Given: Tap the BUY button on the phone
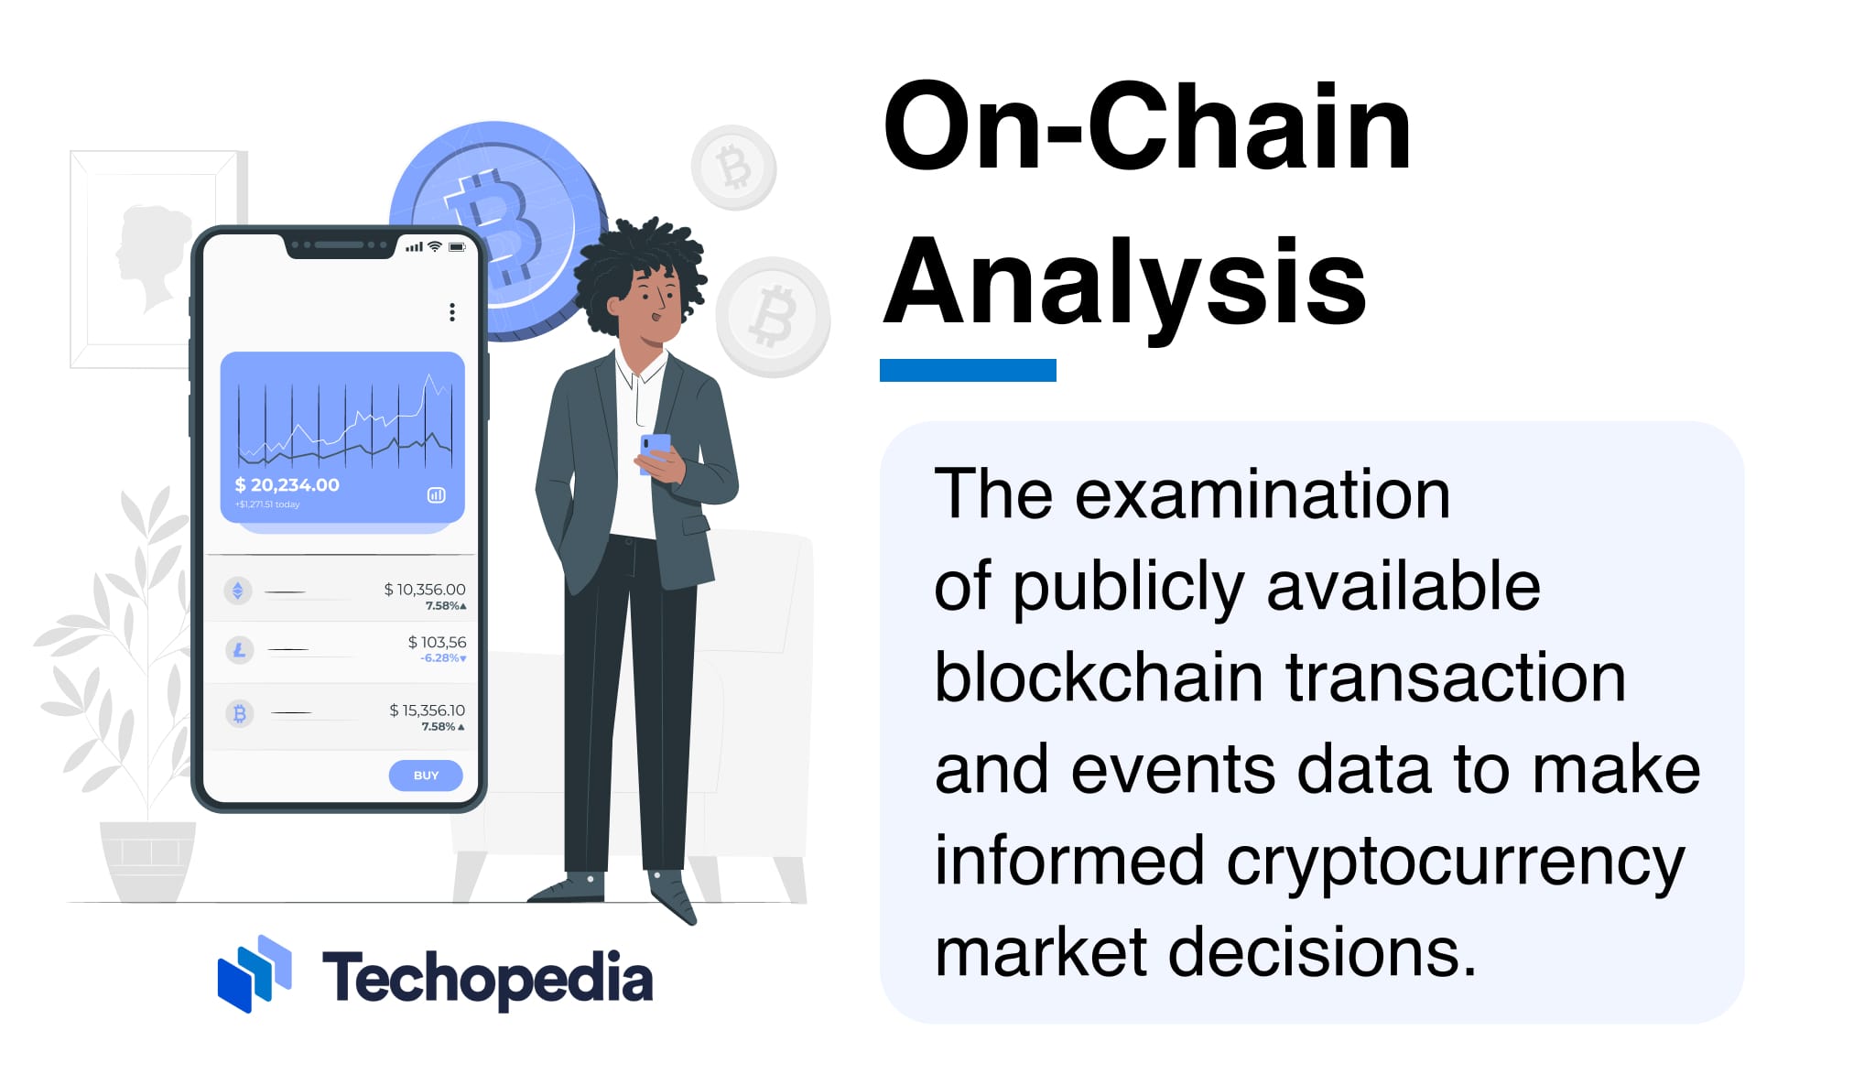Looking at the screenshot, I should coord(426,776).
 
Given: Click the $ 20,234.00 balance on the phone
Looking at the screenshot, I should coord(287,484).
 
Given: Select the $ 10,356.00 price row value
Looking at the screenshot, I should coord(425,590).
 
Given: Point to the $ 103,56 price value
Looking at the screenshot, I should coord(437,643).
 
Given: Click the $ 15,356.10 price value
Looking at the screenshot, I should coord(427,711).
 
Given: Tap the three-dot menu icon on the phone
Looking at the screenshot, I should coord(452,312).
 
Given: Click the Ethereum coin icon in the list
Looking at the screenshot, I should coord(238,591).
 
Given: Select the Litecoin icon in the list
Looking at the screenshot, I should coord(239,650).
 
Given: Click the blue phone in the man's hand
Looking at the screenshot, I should coord(654,449).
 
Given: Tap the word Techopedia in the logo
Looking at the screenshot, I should coord(487,978).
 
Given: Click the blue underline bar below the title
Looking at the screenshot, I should coord(968,370).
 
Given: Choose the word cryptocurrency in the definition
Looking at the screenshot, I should coord(1455,862).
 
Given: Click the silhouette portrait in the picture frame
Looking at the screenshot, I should coord(149,256).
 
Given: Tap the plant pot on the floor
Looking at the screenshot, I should coord(147,859).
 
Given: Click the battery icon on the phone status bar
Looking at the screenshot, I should coord(457,247).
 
